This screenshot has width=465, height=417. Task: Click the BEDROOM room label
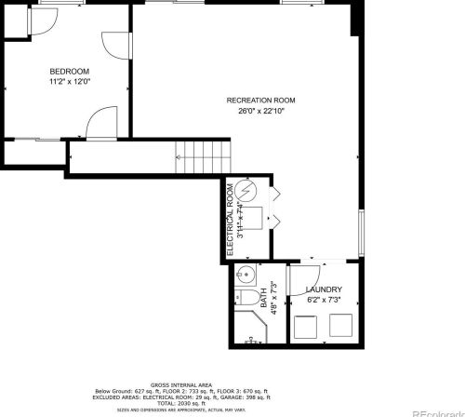pos(69,72)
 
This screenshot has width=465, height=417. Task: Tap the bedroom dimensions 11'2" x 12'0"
pos(69,81)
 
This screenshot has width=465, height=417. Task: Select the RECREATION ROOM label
pos(260,100)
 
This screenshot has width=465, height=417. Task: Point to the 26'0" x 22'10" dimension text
pos(260,110)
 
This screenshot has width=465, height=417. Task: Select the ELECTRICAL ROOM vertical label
pos(230,220)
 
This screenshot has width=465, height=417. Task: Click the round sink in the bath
pos(245,274)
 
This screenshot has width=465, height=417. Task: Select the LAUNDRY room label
pos(325,289)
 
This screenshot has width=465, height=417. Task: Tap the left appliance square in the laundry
pos(305,326)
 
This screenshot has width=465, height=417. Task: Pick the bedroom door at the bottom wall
pos(100,123)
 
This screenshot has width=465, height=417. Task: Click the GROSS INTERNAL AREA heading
pos(181,383)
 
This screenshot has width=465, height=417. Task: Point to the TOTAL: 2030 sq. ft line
pos(181,404)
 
